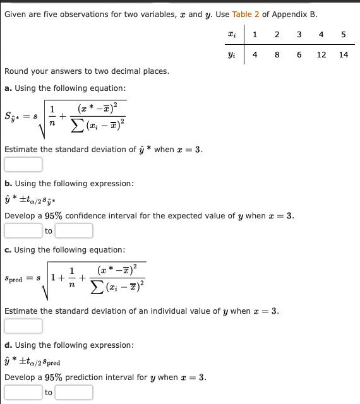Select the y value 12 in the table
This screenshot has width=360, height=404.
pos(321,55)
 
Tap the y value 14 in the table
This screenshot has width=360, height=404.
pos(343,55)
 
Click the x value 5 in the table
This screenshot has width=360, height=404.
pos(343,35)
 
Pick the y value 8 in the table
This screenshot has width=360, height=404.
pos(277,55)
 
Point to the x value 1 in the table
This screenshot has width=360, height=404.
pos(255,35)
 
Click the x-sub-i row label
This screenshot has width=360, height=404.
pos(232,35)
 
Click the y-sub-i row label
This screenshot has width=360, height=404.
pos(232,55)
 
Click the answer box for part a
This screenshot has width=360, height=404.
pos(23,165)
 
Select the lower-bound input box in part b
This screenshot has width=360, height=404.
pos(23,230)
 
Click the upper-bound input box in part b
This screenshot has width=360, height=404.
pos(74,230)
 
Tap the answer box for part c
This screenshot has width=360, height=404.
pos(23,326)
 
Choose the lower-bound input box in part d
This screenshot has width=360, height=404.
pos(23,392)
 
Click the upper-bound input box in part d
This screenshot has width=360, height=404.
pos(74,392)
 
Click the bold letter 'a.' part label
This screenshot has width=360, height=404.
pos(8,88)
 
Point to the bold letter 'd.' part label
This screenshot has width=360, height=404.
pos(8,345)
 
